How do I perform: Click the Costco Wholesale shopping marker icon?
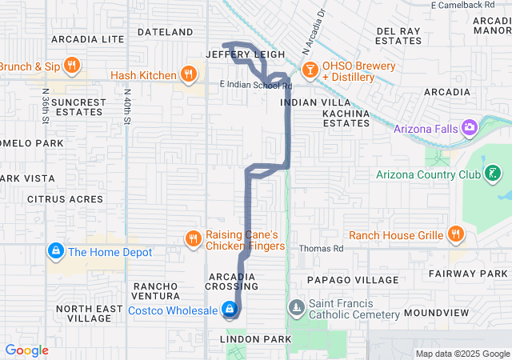click(230, 309)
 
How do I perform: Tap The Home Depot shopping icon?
click(55, 252)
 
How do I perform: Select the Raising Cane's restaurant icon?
click(193, 239)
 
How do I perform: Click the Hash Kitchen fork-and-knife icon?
click(188, 75)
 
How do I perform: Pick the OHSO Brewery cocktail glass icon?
click(310, 70)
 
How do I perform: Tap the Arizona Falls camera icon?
click(469, 127)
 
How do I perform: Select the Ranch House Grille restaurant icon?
click(455, 234)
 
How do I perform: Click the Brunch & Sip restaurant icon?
click(71, 66)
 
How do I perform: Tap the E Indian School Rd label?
click(255, 85)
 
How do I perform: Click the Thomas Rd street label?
click(321, 249)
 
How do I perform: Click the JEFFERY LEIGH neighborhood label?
click(245, 54)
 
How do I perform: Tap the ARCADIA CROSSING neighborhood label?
click(231, 281)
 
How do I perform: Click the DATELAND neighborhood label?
click(166, 32)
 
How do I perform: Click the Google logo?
click(27, 350)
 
